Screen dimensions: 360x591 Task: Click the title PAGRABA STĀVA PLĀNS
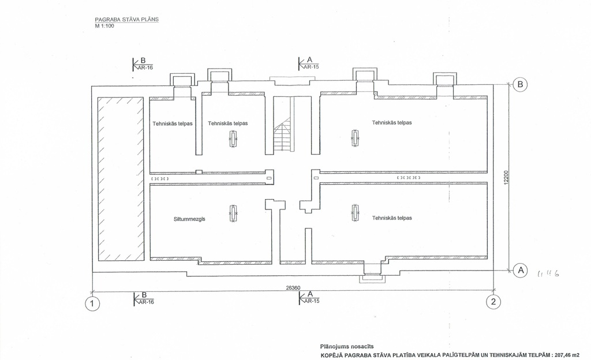point(126,20)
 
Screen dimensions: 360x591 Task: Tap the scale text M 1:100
point(104,25)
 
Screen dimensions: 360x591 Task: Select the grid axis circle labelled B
point(520,85)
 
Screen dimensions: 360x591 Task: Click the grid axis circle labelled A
point(520,269)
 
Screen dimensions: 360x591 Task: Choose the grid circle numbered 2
point(493,302)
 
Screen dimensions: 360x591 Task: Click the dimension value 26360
point(293,287)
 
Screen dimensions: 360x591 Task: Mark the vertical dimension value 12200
point(506,178)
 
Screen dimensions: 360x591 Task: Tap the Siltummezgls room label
point(190,219)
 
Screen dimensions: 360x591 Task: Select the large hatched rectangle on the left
point(120,179)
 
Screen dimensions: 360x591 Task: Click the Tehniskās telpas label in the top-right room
point(392,122)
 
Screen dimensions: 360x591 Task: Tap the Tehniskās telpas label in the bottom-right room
point(392,218)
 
